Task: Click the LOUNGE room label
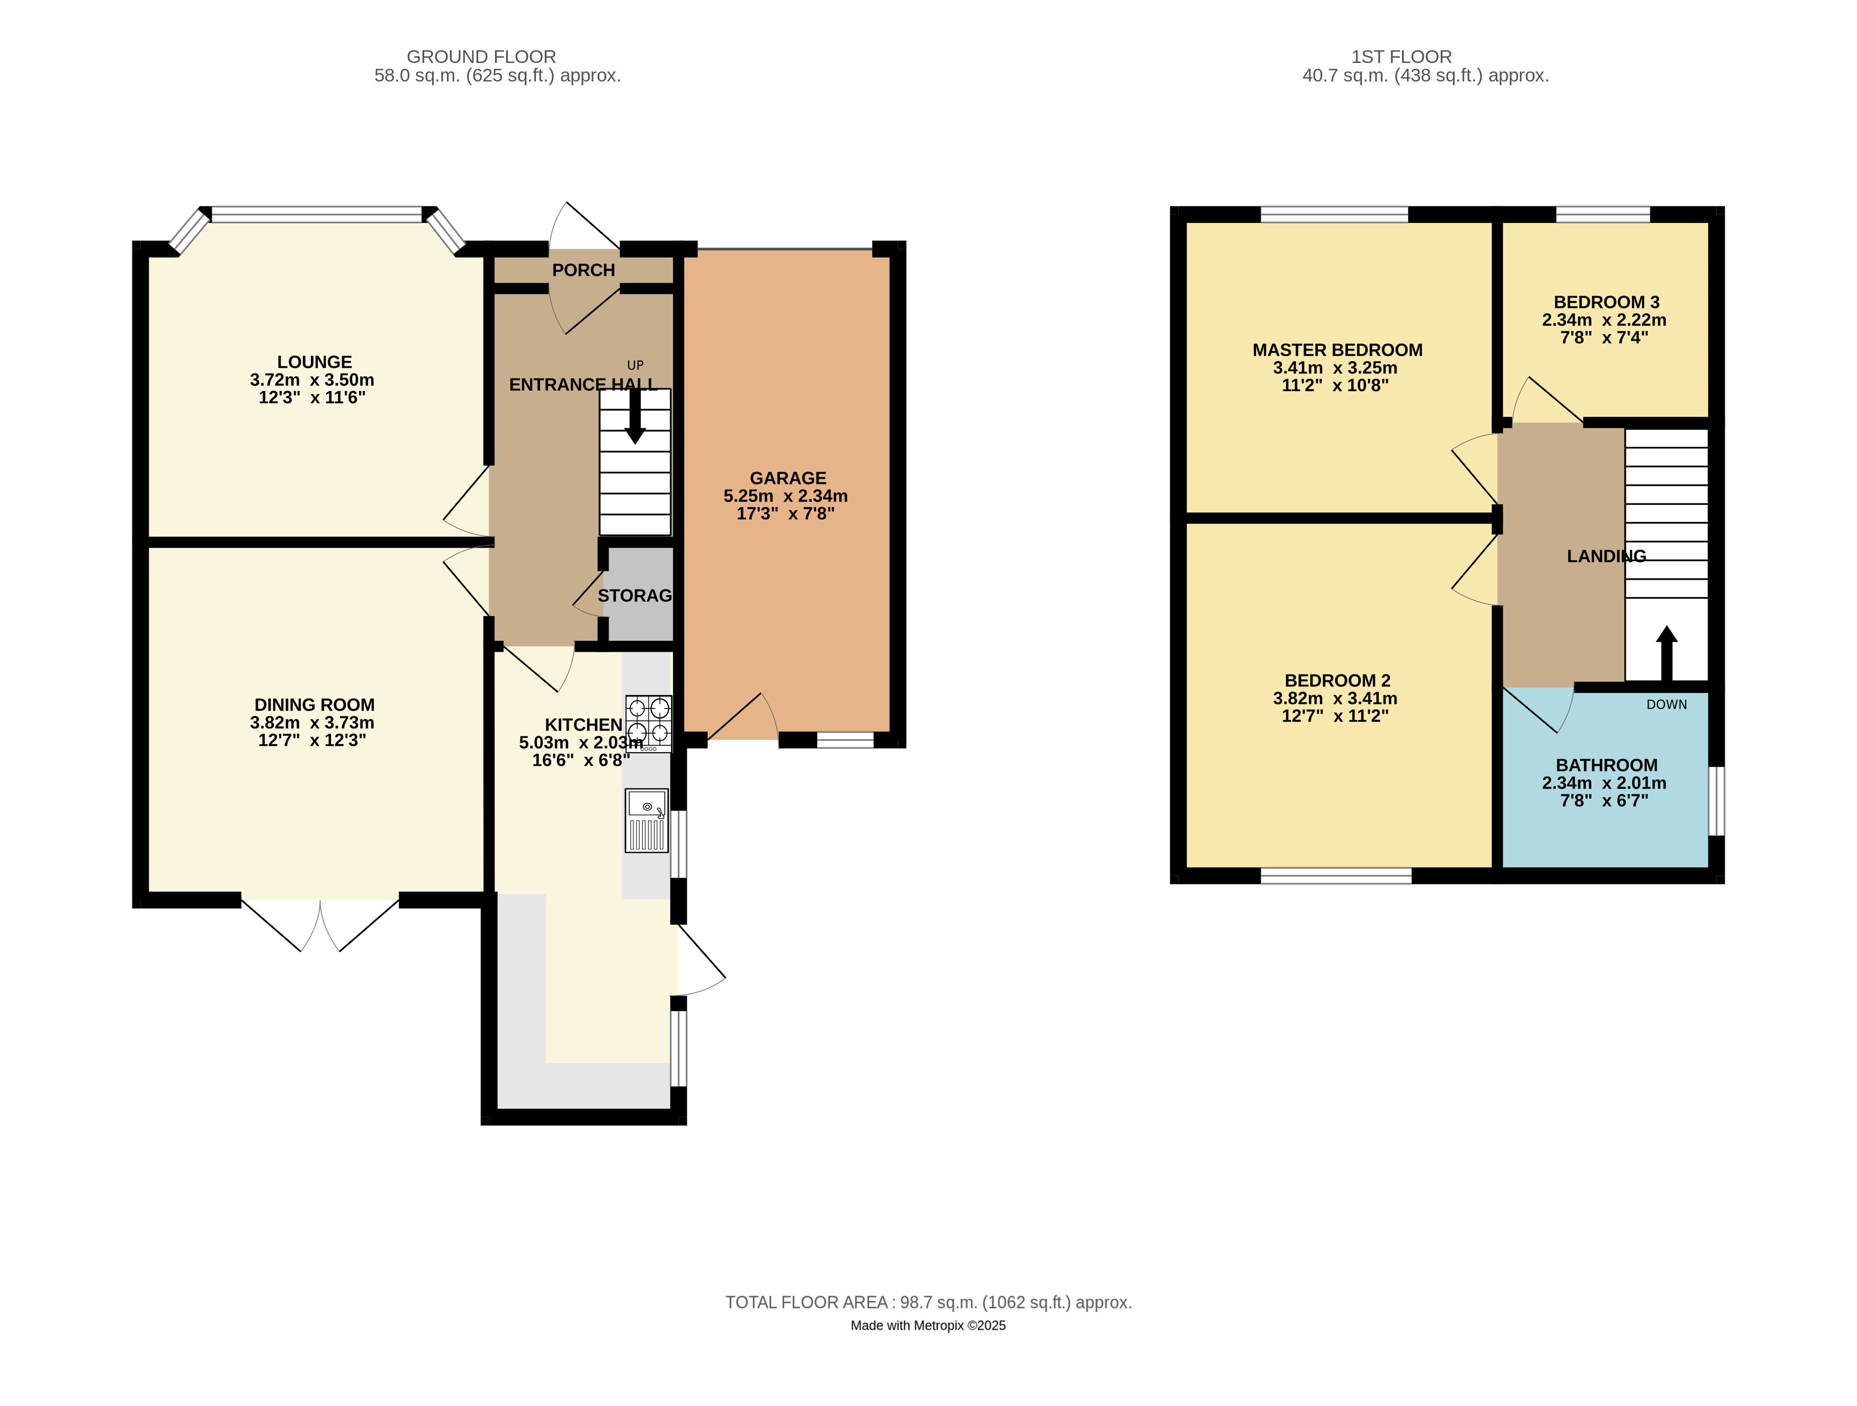315,362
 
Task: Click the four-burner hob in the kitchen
648,723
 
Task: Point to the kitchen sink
647,820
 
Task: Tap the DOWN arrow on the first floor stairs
1666,653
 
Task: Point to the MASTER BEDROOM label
1338,350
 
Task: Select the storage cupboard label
635,595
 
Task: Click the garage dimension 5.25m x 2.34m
786,496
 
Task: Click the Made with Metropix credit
929,1326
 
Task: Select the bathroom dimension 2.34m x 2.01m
1604,783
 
